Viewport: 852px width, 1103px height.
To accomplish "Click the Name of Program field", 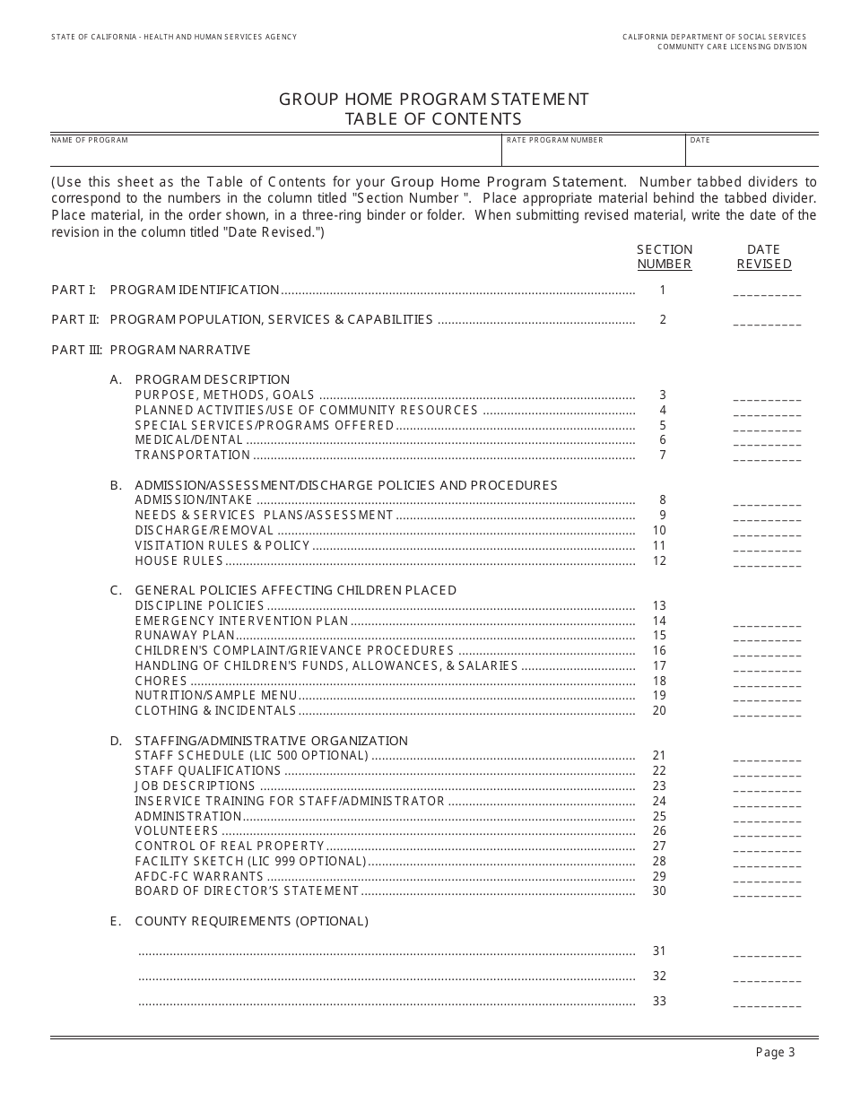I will (274, 153).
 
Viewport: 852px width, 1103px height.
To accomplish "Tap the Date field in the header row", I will (752, 153).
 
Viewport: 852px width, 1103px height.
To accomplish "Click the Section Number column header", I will (665, 256).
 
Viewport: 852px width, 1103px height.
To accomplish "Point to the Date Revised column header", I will (764, 256).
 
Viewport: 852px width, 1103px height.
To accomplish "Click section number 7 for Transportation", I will (663, 455).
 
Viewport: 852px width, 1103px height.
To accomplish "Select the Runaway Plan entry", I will (185, 636).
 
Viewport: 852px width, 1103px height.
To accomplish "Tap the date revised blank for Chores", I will (767, 683).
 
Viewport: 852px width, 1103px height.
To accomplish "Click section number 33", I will (660, 1001).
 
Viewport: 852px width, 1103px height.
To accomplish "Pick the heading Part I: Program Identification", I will (166, 290).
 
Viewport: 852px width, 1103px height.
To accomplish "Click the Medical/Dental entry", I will (189, 440).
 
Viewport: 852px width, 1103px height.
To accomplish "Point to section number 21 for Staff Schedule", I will (660, 756).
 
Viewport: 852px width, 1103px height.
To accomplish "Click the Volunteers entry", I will (177, 831).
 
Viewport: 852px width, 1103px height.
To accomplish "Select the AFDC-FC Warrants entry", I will (199, 876).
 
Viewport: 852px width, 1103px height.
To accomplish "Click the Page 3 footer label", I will (775, 1053).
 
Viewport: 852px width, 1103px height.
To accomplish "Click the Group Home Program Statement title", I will (434, 99).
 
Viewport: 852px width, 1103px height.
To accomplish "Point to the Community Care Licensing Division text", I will (732, 47).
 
